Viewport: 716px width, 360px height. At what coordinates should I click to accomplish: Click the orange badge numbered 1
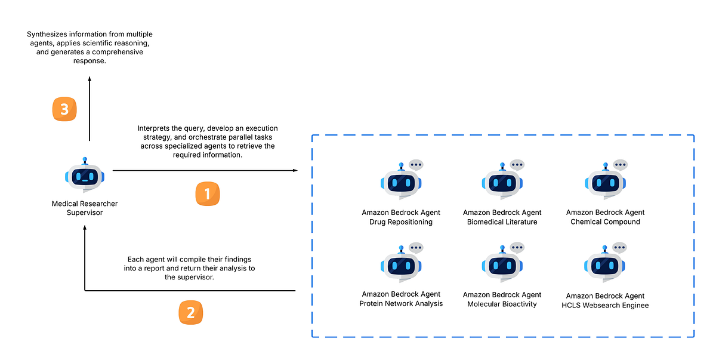(x=208, y=194)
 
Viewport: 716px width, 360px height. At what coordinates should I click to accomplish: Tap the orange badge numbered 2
(x=191, y=312)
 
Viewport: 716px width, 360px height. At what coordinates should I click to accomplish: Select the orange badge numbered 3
(x=64, y=109)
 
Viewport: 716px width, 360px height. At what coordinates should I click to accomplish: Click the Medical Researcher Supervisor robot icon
(x=85, y=176)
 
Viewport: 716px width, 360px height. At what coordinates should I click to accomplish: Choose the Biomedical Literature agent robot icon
(x=502, y=182)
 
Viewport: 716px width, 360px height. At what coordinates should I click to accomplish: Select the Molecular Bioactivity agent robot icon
(x=502, y=264)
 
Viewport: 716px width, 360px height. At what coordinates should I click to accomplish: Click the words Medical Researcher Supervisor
(x=85, y=208)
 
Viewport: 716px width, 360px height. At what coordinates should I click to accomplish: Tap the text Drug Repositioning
(x=401, y=222)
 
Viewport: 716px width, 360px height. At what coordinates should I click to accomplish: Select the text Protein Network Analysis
(x=401, y=304)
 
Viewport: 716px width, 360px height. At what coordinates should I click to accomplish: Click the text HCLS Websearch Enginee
(x=606, y=306)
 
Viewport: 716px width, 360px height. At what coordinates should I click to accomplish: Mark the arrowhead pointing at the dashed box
(x=295, y=171)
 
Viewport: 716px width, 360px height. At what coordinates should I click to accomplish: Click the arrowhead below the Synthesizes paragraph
(x=89, y=78)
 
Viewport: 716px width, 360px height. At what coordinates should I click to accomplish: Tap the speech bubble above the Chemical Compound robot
(x=621, y=164)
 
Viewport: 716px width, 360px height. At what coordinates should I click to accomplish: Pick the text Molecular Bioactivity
(x=502, y=304)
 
